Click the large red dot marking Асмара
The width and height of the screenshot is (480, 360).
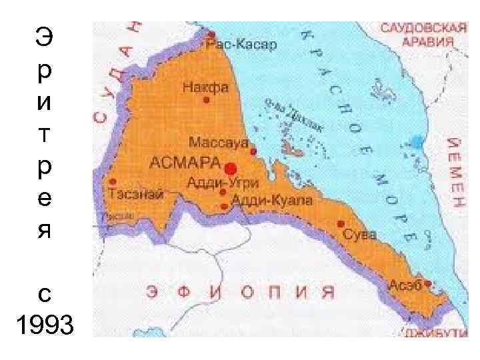pos(231,167)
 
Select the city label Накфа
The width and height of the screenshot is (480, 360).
pos(197,87)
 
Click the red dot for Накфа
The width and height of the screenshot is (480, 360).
pos(206,100)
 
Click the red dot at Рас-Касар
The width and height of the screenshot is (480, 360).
pos(211,34)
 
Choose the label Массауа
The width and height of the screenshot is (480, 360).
pos(218,142)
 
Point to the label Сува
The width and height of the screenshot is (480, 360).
pos(360,235)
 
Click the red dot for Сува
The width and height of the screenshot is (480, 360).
pos(341,224)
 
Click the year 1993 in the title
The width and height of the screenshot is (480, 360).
pos(43,326)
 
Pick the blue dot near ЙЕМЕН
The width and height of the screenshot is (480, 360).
pos(417,141)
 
